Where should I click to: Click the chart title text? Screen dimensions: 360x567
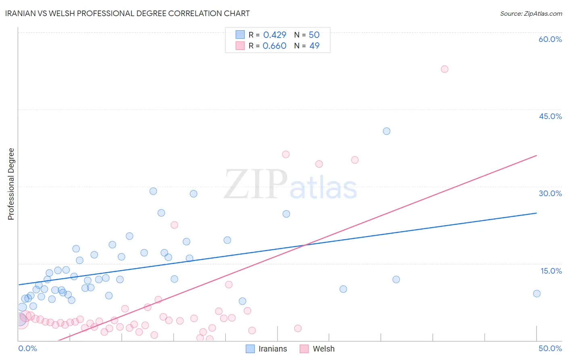pos(127,13)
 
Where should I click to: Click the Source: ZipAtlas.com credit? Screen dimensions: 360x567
pos(531,13)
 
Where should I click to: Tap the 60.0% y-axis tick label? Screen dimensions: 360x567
pos(550,39)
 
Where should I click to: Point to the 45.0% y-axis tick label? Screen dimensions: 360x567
pos(550,116)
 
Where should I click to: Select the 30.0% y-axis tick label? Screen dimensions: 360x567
pos(550,193)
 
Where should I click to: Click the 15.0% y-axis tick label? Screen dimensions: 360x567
pos(551,271)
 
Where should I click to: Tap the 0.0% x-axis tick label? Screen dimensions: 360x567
pos(27,348)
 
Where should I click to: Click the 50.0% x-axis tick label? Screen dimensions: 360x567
pos(550,348)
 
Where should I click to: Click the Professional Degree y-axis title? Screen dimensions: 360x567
pos(11,184)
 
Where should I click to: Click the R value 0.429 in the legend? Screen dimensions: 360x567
pos(274,35)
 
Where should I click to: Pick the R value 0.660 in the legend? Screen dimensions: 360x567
pos(274,46)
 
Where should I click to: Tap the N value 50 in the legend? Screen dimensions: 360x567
pos(314,35)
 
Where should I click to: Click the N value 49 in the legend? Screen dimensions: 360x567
pos(314,46)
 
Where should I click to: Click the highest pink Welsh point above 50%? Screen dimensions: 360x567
pos(444,69)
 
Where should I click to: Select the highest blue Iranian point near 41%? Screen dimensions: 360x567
pos(386,131)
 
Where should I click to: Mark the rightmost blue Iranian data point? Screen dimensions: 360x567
pos(536,293)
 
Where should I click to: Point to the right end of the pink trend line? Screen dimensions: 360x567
pos(536,155)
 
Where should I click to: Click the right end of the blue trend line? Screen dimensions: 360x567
pos(536,213)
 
